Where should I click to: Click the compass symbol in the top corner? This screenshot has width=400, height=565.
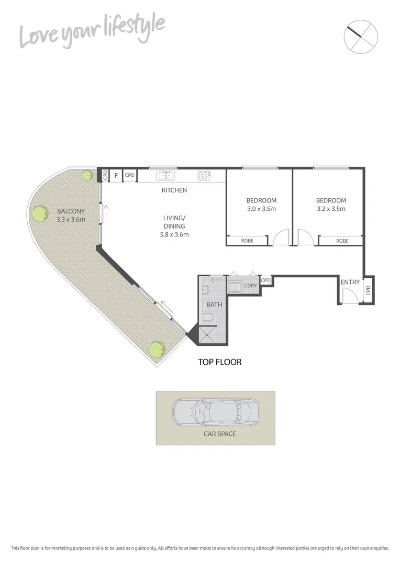pyautogui.click(x=361, y=37)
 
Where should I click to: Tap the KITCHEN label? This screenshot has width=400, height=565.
pyautogui.click(x=174, y=190)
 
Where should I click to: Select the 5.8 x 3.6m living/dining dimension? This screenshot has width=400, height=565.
pyautogui.click(x=174, y=234)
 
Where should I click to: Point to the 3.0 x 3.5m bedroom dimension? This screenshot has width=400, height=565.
pyautogui.click(x=261, y=209)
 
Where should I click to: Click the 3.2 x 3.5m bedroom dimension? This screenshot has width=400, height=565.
pyautogui.click(x=331, y=209)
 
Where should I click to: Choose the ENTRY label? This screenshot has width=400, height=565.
pyautogui.click(x=350, y=282)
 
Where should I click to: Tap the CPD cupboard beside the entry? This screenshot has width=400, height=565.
pyautogui.click(x=368, y=289)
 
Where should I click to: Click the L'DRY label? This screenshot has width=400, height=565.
pyautogui.click(x=251, y=286)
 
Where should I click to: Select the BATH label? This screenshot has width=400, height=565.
pyautogui.click(x=214, y=304)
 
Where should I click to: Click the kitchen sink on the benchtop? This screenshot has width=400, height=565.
pyautogui.click(x=166, y=176)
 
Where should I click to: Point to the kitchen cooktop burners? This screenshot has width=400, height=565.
pyautogui.click(x=204, y=176)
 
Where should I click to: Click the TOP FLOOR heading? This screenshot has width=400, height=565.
pyautogui.click(x=219, y=361)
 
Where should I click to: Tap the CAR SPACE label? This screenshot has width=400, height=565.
pyautogui.click(x=220, y=434)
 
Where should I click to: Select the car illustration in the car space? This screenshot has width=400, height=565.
pyautogui.click(x=216, y=411)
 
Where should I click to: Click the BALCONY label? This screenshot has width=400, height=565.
pyautogui.click(x=71, y=211)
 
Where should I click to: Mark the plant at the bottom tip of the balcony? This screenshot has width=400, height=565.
pyautogui.click(x=155, y=348)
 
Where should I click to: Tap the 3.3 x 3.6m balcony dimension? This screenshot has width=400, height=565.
pyautogui.click(x=71, y=219)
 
